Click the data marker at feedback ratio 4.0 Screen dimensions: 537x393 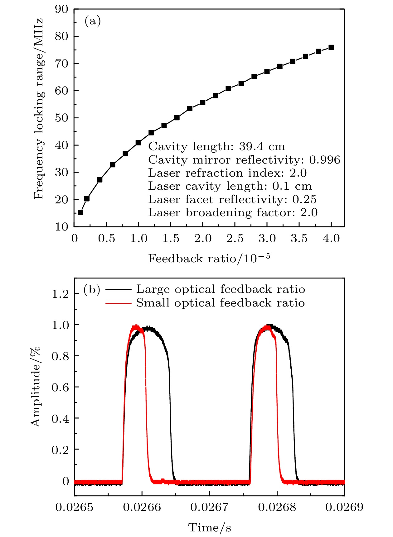coord(331,47)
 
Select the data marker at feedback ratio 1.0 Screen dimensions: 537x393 coord(138,143)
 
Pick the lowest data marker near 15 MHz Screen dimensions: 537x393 coord(80,212)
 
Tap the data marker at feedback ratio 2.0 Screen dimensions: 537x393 coord(202,102)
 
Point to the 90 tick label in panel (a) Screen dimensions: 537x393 coord(61,9)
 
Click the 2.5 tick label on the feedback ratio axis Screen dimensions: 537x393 coord(235,239)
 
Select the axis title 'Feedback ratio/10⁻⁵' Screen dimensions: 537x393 coord(209,258)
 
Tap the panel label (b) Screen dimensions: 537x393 coord(92,290)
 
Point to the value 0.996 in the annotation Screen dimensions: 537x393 coord(325,160)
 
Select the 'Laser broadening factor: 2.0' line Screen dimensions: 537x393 coord(233,212)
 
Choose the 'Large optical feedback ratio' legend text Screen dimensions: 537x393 coord(220,289)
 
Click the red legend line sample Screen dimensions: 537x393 coord(118,303)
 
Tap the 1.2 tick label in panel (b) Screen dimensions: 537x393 coord(60,294)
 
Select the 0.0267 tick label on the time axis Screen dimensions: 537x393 coord(209,507)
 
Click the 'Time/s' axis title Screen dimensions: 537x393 coord(210,528)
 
